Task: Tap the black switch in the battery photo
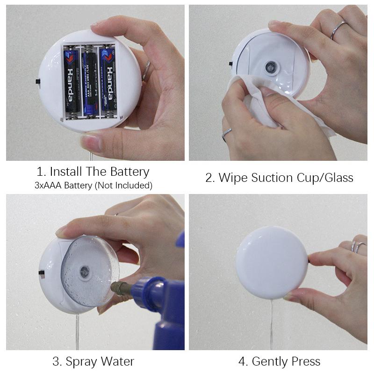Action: coord(38,81)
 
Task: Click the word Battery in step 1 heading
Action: coord(130,172)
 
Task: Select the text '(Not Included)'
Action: coord(123,186)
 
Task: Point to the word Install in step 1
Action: coord(66,172)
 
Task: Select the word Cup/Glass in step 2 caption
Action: coord(325,178)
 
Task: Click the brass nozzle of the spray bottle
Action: coord(121,288)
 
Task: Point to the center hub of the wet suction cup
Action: coord(85,272)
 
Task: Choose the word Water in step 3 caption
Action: coord(117,361)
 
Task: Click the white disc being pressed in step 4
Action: coord(272,263)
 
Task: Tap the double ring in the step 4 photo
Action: coord(357,247)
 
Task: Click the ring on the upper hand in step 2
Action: coord(338,30)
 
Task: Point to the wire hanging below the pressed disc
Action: coord(272,324)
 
